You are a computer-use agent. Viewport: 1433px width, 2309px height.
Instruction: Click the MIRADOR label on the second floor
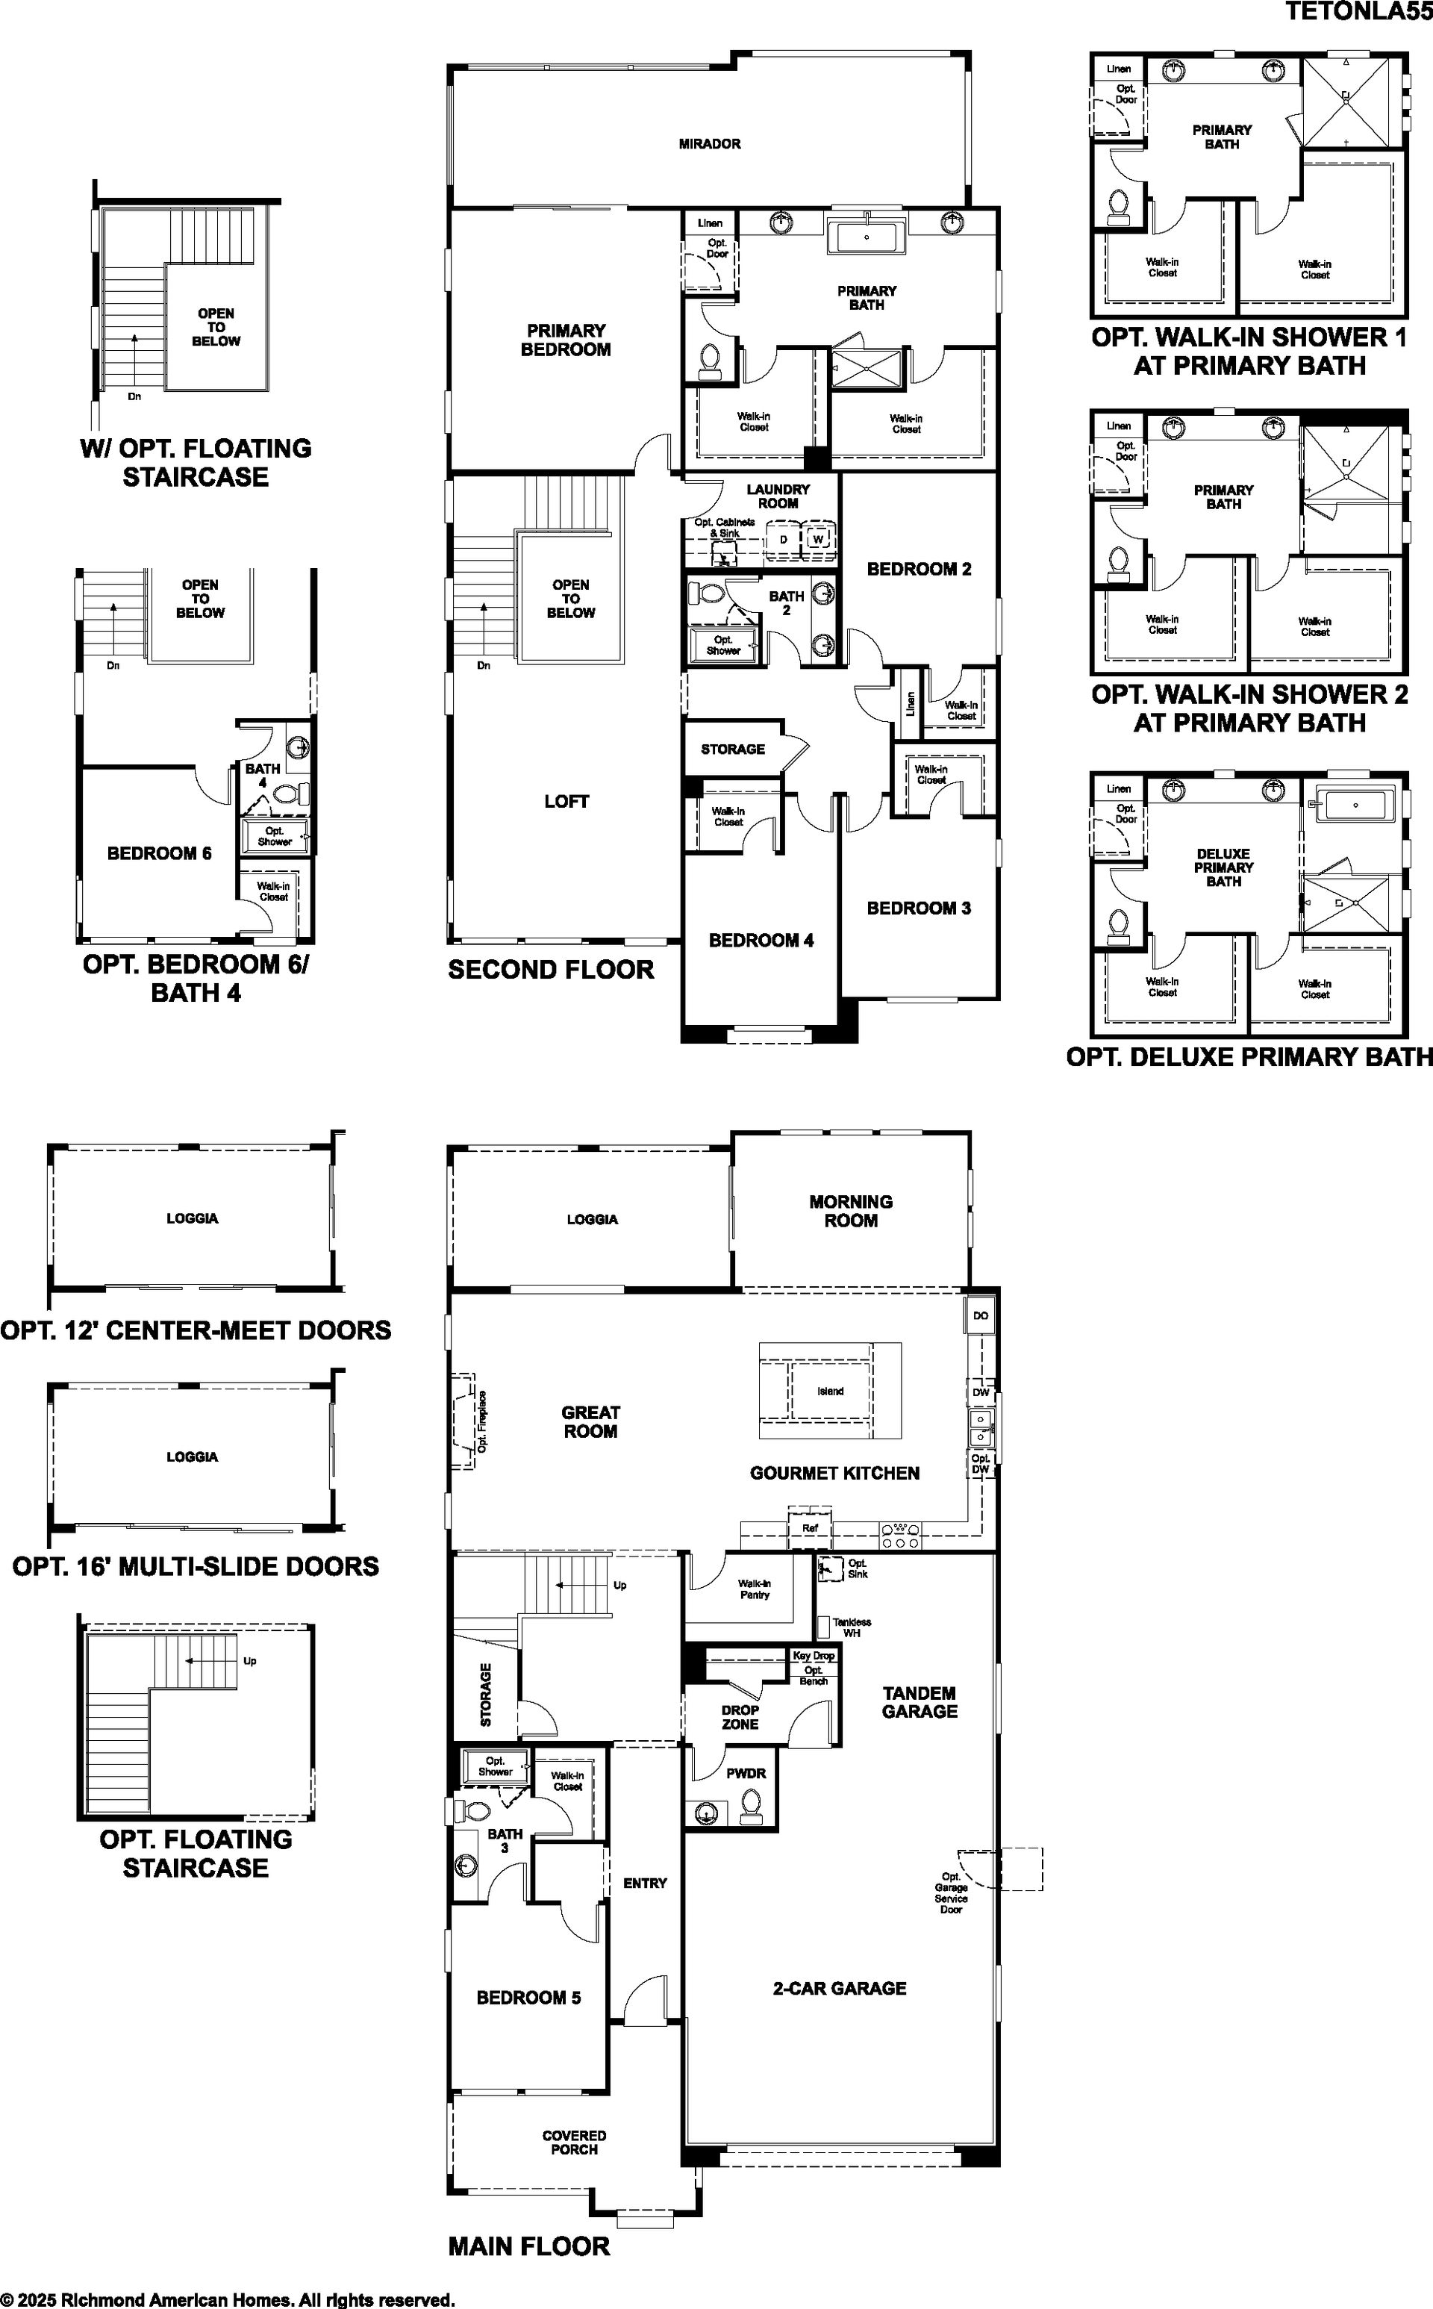click(x=709, y=144)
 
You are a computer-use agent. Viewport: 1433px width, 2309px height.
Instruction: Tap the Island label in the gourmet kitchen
click(x=830, y=1392)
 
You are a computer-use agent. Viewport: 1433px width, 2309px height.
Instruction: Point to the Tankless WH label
click(x=851, y=1627)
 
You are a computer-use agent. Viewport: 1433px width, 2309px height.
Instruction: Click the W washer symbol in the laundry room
click(x=818, y=539)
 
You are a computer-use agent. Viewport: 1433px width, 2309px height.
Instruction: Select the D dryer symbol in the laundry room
click(x=783, y=539)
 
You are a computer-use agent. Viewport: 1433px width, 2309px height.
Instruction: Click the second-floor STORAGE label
click(x=733, y=749)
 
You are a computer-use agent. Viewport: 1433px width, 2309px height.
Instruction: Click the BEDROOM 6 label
click(x=159, y=853)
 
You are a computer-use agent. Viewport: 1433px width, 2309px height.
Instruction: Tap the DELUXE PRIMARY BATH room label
click(x=1223, y=867)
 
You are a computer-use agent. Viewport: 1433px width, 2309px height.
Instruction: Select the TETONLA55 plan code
click(x=1358, y=10)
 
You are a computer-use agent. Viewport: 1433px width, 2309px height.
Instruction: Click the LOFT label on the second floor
click(x=566, y=801)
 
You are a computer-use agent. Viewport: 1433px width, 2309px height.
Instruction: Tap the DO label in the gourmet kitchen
click(x=980, y=1315)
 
